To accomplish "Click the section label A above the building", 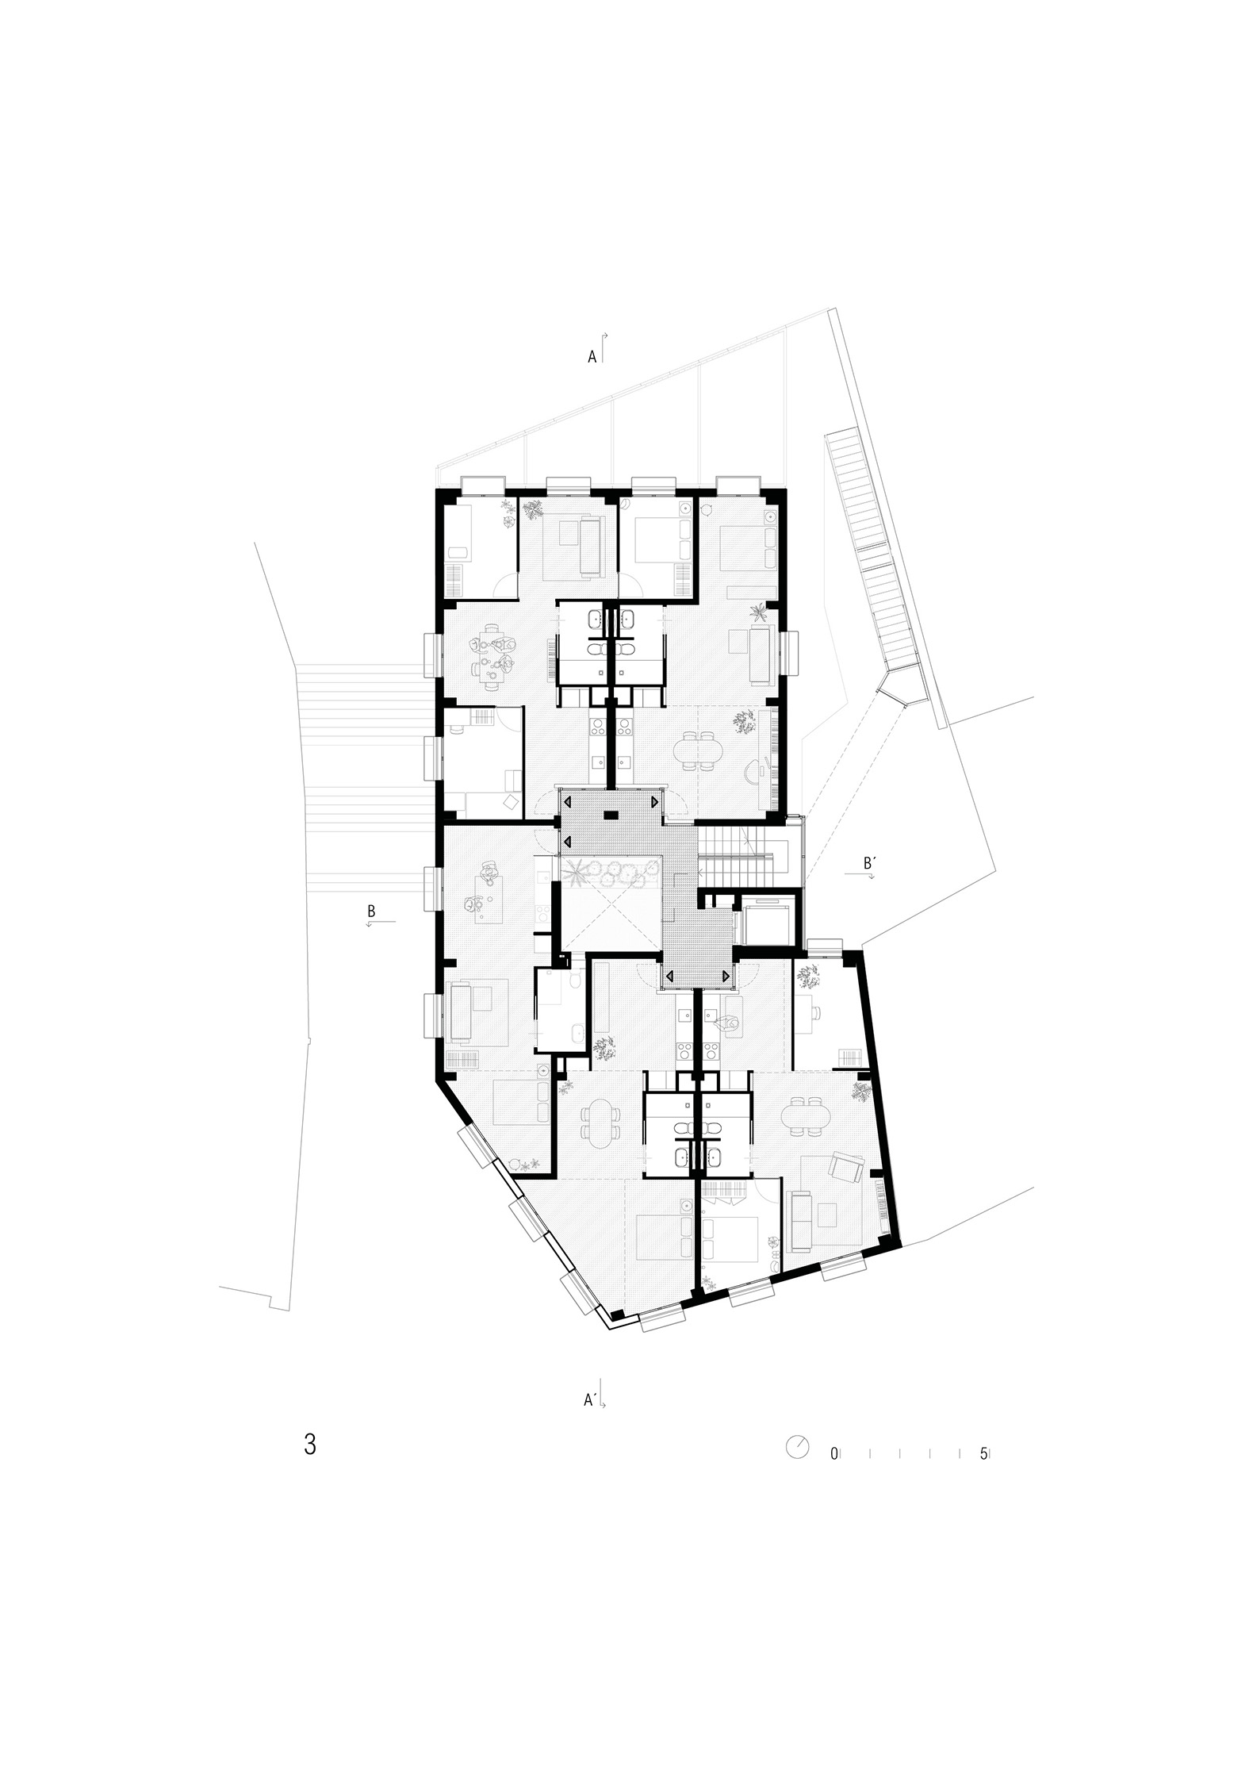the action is (x=592, y=358).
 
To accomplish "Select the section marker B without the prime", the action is (x=371, y=911).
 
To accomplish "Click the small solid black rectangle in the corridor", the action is (x=611, y=815).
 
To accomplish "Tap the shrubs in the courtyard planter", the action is (x=612, y=873).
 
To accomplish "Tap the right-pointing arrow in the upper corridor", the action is (x=653, y=803).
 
